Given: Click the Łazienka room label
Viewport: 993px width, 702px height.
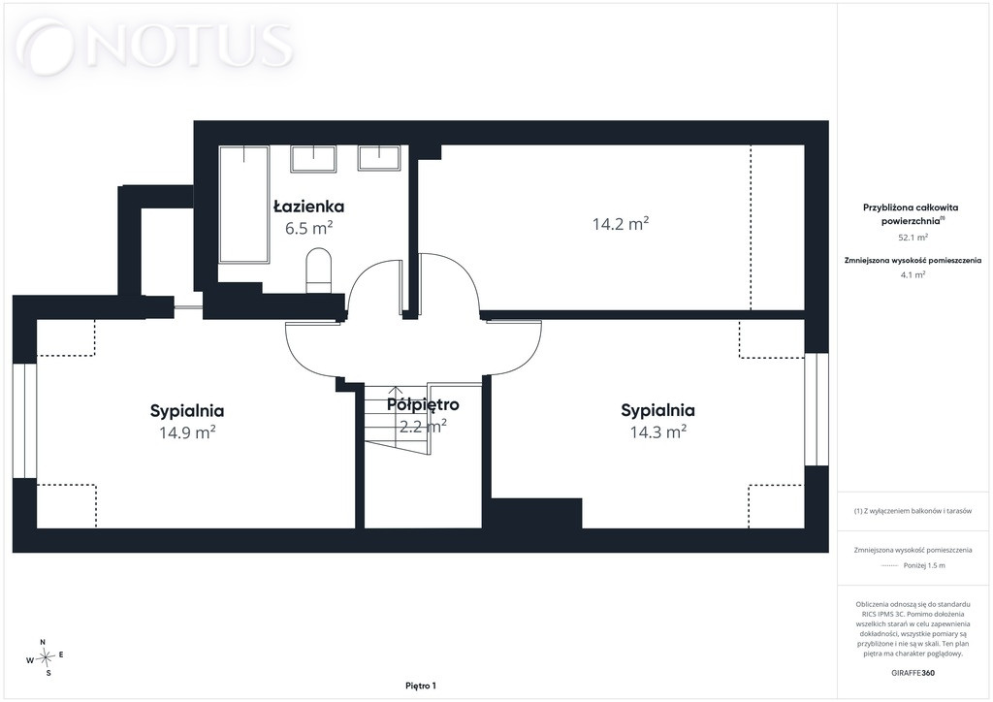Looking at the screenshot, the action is tap(309, 207).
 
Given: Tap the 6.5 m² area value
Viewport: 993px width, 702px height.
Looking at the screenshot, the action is tap(309, 228).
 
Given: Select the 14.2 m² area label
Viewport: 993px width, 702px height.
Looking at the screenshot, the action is tap(621, 223).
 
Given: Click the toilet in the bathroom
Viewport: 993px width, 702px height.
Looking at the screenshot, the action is tap(318, 271).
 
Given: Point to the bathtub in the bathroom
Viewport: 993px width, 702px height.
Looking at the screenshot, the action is tap(243, 204).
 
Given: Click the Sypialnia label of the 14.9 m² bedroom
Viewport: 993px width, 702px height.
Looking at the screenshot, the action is tap(187, 411).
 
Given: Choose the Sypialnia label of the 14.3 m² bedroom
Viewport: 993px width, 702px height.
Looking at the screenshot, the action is tap(658, 410).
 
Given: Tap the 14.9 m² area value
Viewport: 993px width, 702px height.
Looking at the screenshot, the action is tap(187, 432).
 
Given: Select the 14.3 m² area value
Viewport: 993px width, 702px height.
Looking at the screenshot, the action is tap(658, 431).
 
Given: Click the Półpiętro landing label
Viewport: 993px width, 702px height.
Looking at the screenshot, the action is tap(423, 404).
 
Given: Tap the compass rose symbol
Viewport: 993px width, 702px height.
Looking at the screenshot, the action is tap(45, 657).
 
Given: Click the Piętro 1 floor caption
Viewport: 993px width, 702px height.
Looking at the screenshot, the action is tap(421, 686).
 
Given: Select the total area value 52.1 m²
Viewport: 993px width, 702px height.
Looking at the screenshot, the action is tap(913, 238).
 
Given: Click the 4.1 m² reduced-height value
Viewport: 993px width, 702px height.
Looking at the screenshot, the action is tap(913, 274).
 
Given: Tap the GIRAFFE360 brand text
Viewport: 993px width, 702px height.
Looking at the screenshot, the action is tap(913, 673).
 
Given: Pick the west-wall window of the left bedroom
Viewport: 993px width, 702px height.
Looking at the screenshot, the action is tap(24, 420).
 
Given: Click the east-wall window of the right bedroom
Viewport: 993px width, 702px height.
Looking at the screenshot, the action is tap(817, 409).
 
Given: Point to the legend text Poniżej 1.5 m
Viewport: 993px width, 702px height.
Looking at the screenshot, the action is tap(924, 565).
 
